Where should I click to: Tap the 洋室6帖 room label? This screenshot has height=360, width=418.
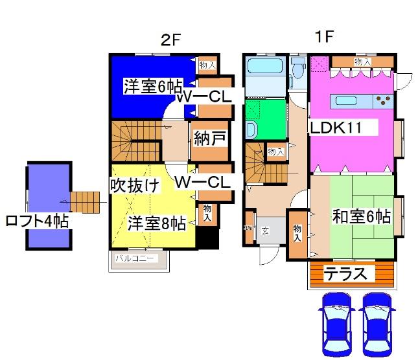[x=153, y=85]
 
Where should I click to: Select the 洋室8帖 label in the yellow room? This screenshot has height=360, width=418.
[x=156, y=224]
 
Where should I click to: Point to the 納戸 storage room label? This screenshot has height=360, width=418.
[x=209, y=139]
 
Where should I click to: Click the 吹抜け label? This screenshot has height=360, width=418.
[x=134, y=186]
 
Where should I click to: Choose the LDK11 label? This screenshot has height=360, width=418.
[x=343, y=128]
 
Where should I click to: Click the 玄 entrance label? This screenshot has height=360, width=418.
[x=266, y=229]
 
